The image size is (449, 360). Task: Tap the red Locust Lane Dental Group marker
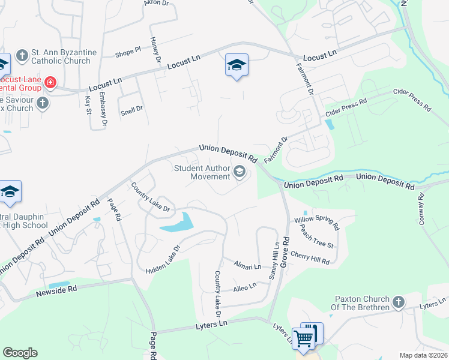[50, 83]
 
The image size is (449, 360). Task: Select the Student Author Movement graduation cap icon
[240, 173]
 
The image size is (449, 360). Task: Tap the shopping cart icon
[304, 338]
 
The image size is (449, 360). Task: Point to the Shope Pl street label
[128, 53]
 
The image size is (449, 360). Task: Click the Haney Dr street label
[156, 50]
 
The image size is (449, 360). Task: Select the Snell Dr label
[132, 109]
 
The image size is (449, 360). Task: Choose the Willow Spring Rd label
[316, 224]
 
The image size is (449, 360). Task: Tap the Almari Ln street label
[247, 266]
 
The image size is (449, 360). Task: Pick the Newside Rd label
[57, 290]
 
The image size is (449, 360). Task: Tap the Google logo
[20, 353]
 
